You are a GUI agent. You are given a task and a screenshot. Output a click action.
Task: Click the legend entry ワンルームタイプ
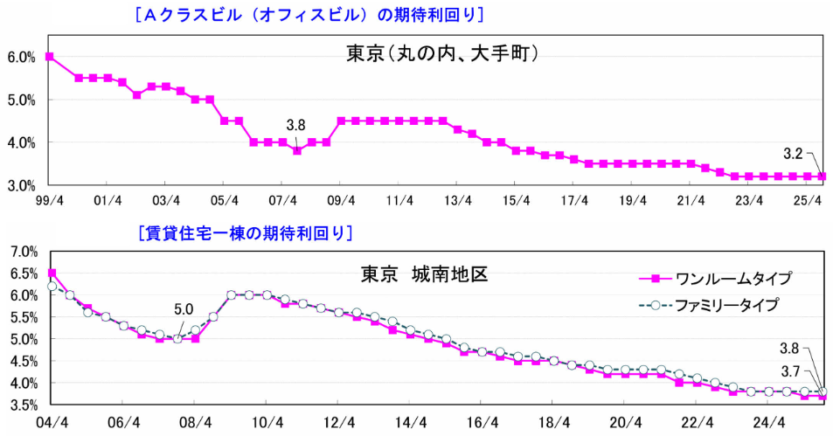pyautogui.click(x=732, y=279)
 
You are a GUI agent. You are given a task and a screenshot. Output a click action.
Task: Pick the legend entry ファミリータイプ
pyautogui.click(x=732, y=305)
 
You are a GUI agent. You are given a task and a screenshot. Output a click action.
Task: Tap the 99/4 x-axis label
pyautogui.click(x=49, y=199)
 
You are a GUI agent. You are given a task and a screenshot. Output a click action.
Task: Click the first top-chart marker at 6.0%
pyautogui.click(x=49, y=57)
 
